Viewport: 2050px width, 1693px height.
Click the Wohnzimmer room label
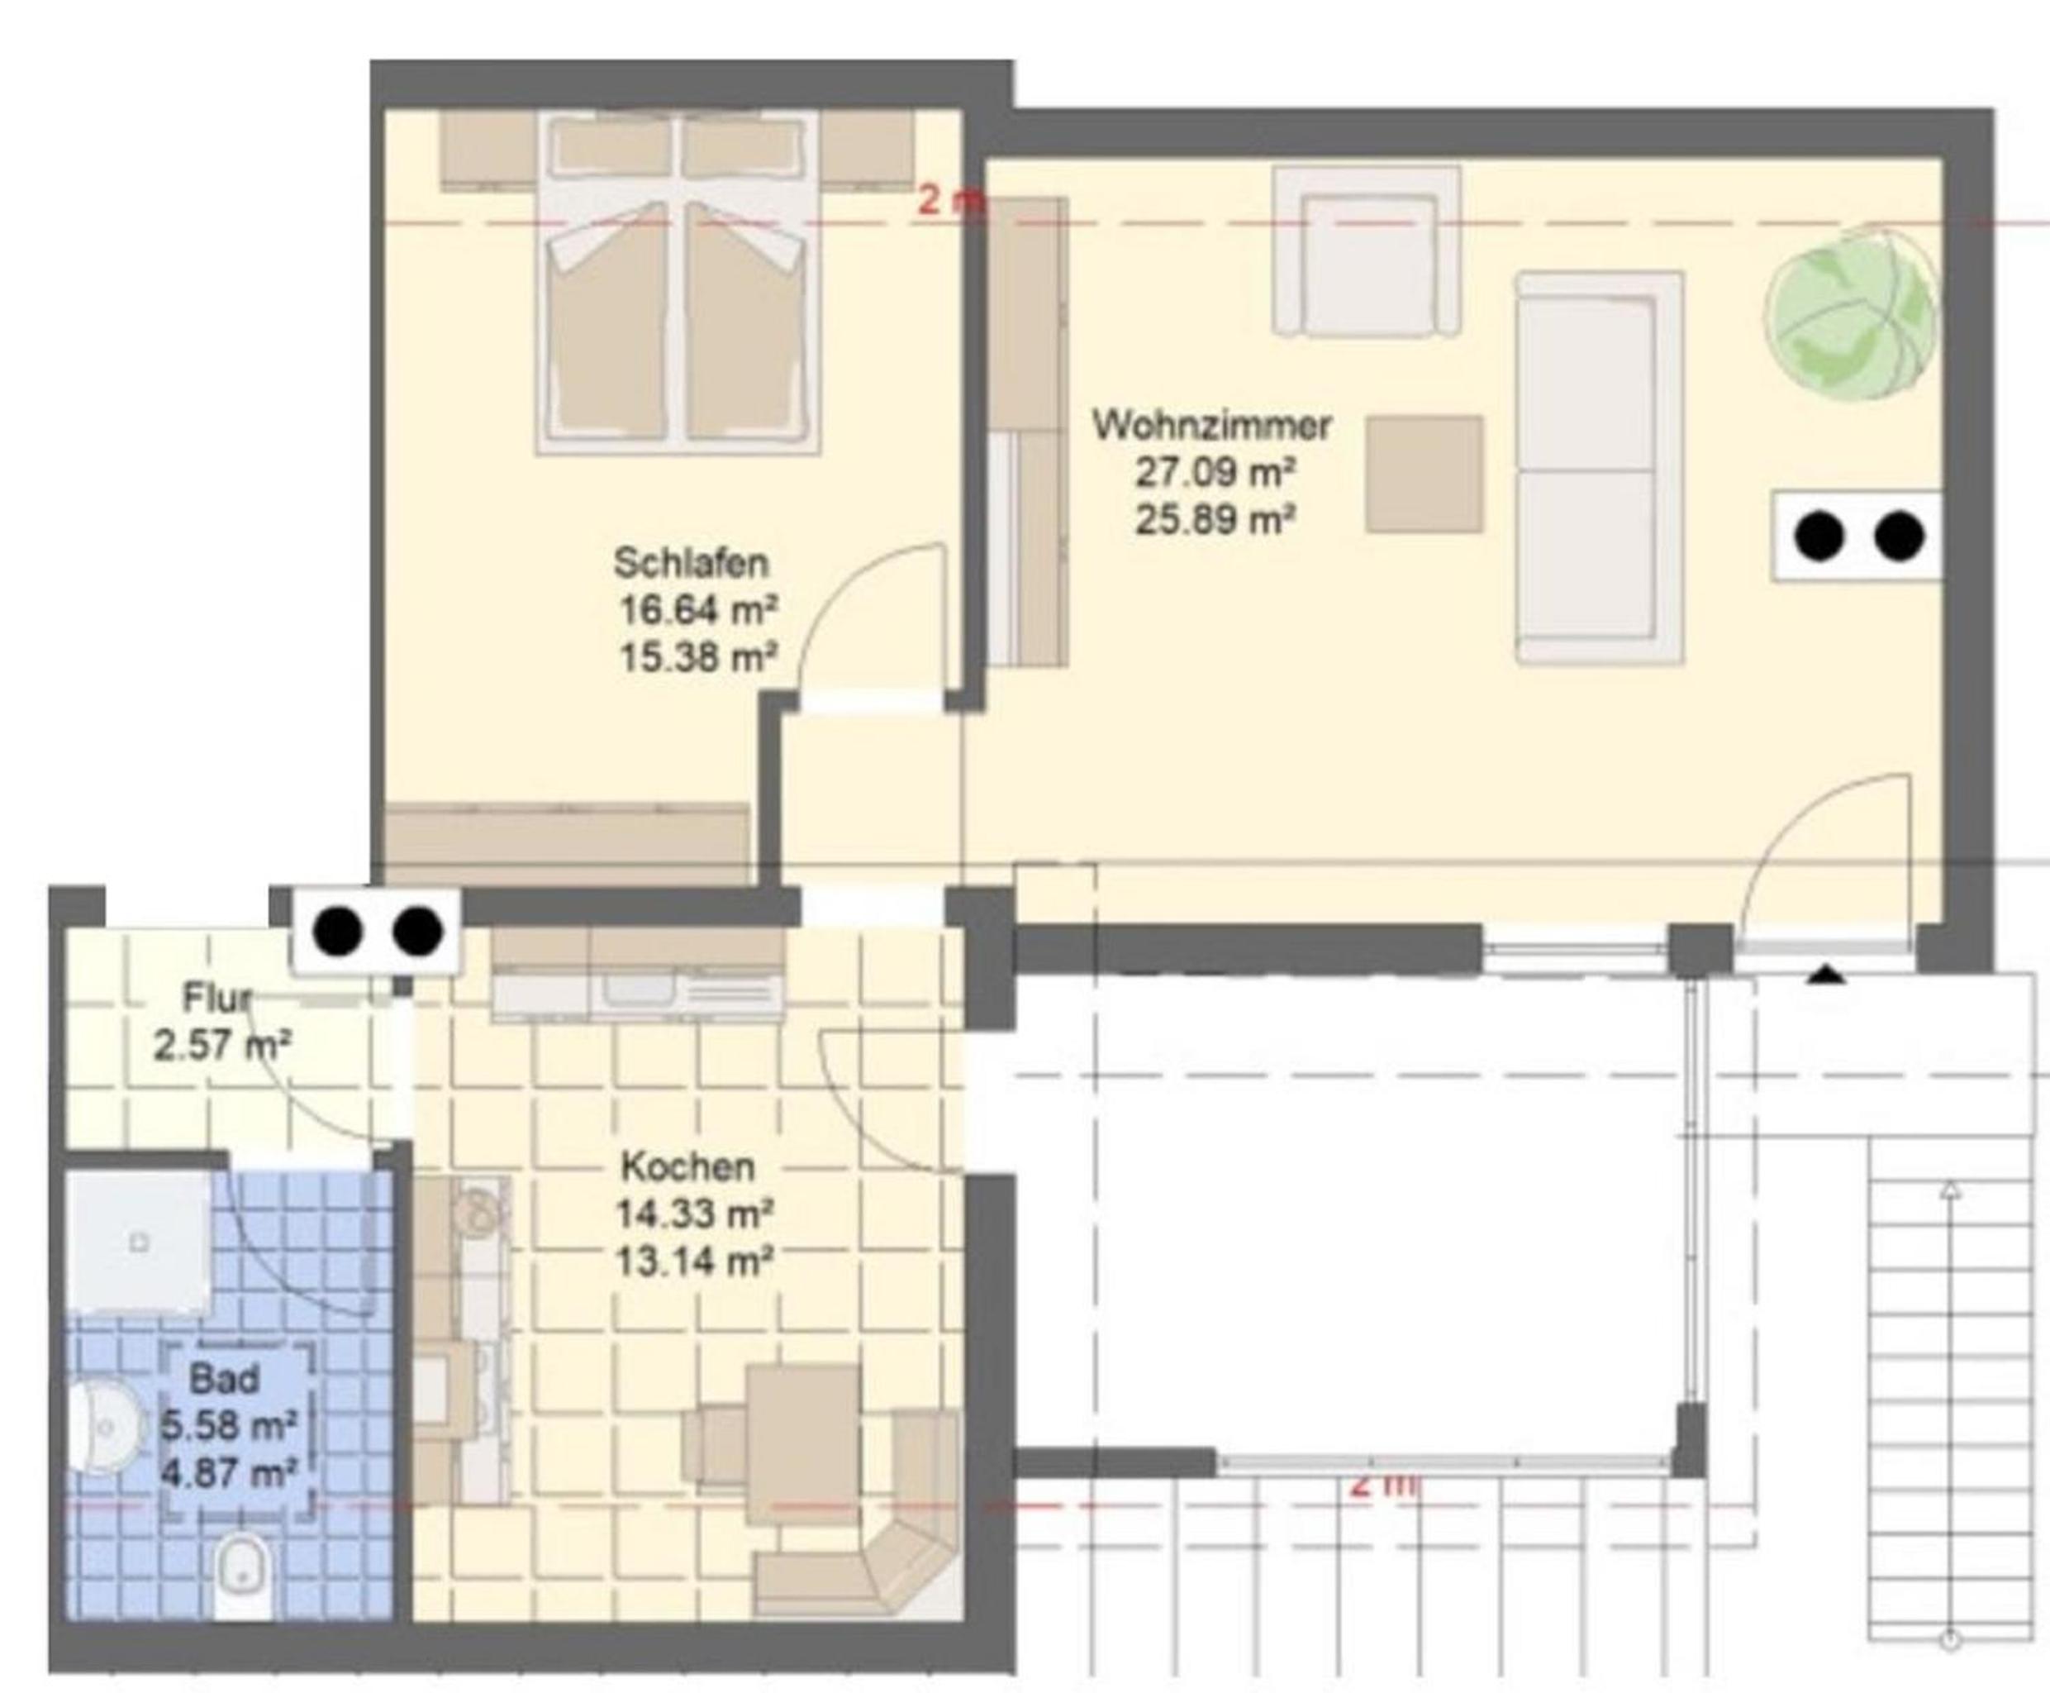(x=1211, y=427)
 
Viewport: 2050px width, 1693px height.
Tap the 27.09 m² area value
(x=1215, y=473)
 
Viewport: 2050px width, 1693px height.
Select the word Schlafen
(x=691, y=563)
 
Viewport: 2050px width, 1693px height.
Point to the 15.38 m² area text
(x=698, y=657)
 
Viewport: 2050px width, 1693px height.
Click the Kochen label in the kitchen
(x=688, y=1166)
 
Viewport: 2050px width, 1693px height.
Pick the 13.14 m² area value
(x=694, y=1262)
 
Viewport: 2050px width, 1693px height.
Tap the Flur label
(x=217, y=998)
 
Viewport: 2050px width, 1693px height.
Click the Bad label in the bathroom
(x=224, y=1379)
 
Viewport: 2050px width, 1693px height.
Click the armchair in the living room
(x=1367, y=250)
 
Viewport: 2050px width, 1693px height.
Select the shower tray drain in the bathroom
(x=139, y=1243)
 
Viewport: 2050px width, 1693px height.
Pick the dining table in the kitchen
(x=803, y=1443)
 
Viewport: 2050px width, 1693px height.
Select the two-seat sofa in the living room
(x=1599, y=468)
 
